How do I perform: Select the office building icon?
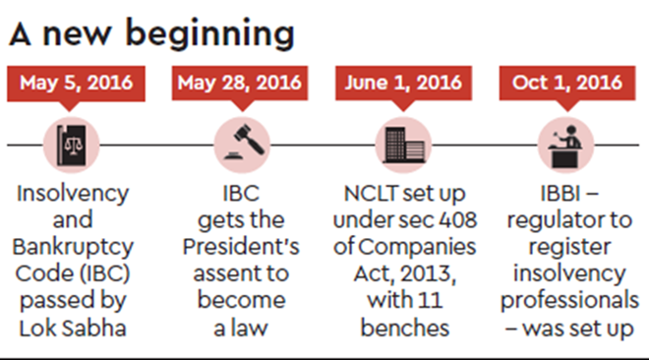[x=403, y=145]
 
